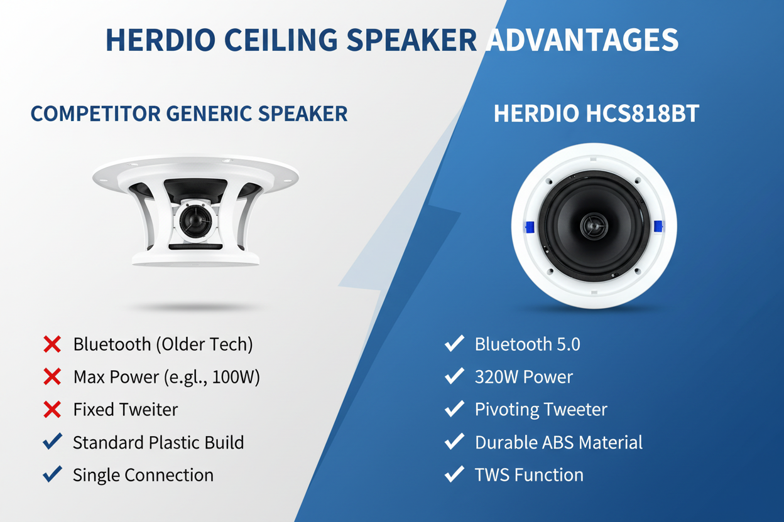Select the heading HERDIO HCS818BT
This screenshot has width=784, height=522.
pyautogui.click(x=596, y=114)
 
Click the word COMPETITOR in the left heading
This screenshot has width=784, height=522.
pyautogui.click(x=95, y=114)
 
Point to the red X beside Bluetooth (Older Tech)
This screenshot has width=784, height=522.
pyautogui.click(x=52, y=344)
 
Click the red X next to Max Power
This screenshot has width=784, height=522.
pyautogui.click(x=52, y=376)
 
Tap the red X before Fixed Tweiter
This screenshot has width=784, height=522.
pyautogui.click(x=52, y=410)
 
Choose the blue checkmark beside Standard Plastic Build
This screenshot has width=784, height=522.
pyautogui.click(x=53, y=441)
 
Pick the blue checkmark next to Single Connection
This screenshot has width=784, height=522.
pyautogui.click(x=53, y=474)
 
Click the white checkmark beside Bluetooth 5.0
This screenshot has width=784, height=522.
pyautogui.click(x=454, y=343)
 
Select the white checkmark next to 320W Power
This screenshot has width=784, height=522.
pyautogui.click(x=454, y=376)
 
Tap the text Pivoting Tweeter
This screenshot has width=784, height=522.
pyautogui.click(x=541, y=410)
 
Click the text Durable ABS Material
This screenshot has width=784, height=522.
pyautogui.click(x=558, y=442)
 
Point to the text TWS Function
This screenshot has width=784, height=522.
pyautogui.click(x=529, y=475)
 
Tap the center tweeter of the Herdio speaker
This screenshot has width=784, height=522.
pyautogui.click(x=594, y=226)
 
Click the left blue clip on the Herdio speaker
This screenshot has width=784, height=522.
pyautogui.click(x=529, y=227)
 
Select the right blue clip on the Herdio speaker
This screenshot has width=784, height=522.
pyautogui.click(x=658, y=226)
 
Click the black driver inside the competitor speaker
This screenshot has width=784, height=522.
pyautogui.click(x=195, y=221)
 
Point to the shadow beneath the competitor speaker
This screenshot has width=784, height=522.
pyautogui.click(x=196, y=307)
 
